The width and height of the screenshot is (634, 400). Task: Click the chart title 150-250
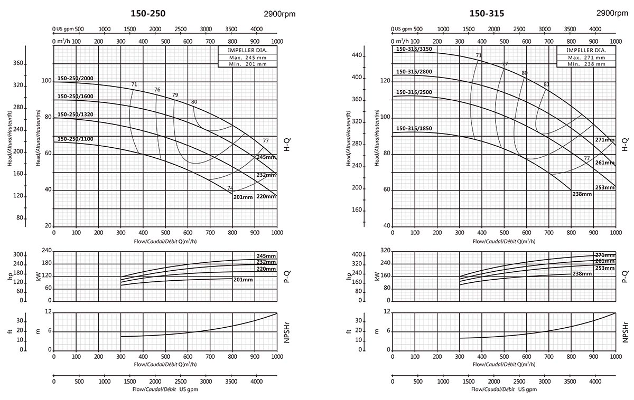(151, 14)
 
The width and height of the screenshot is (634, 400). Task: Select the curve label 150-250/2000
(75, 79)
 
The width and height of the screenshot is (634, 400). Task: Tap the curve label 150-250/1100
(75, 139)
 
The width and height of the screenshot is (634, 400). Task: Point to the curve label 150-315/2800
(414, 72)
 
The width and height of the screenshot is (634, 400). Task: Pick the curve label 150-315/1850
(414, 128)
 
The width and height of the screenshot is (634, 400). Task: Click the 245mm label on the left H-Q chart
(266, 157)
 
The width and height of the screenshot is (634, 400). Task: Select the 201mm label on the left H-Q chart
(243, 197)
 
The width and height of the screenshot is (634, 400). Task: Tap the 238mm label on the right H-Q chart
(582, 194)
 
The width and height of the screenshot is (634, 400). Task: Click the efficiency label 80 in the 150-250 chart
(194, 102)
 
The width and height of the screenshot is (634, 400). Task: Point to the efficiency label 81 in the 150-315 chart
(546, 84)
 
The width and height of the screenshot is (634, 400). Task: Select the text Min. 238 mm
(586, 64)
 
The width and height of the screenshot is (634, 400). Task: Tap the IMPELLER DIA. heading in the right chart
(586, 50)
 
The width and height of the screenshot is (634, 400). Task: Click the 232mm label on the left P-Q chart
(266, 262)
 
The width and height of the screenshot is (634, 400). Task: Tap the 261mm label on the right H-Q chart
(605, 163)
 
